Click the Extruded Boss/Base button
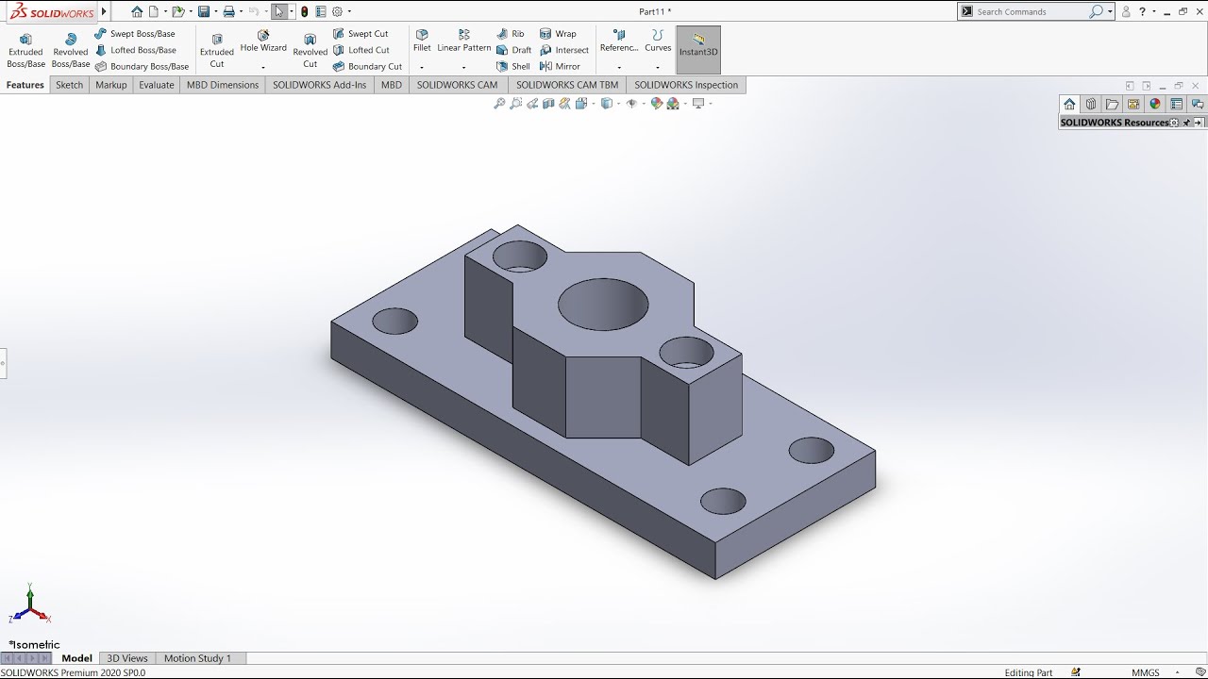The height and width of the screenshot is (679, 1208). coord(25,51)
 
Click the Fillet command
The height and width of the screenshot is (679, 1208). coord(422,41)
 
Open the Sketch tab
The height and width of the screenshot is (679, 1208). coord(70,85)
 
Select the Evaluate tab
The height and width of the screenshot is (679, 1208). coord(157,85)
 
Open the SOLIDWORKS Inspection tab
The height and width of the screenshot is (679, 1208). coord(686,85)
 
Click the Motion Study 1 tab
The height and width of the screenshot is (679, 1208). coord(197,658)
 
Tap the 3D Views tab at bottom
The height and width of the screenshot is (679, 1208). coord(127,658)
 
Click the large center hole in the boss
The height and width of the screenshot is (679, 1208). coord(603,304)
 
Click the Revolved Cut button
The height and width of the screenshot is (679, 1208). coord(310,51)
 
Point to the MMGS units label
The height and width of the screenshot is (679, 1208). coord(1146,672)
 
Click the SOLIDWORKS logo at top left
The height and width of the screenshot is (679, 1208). coord(52,12)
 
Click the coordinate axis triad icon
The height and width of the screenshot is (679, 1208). coord(30,606)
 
